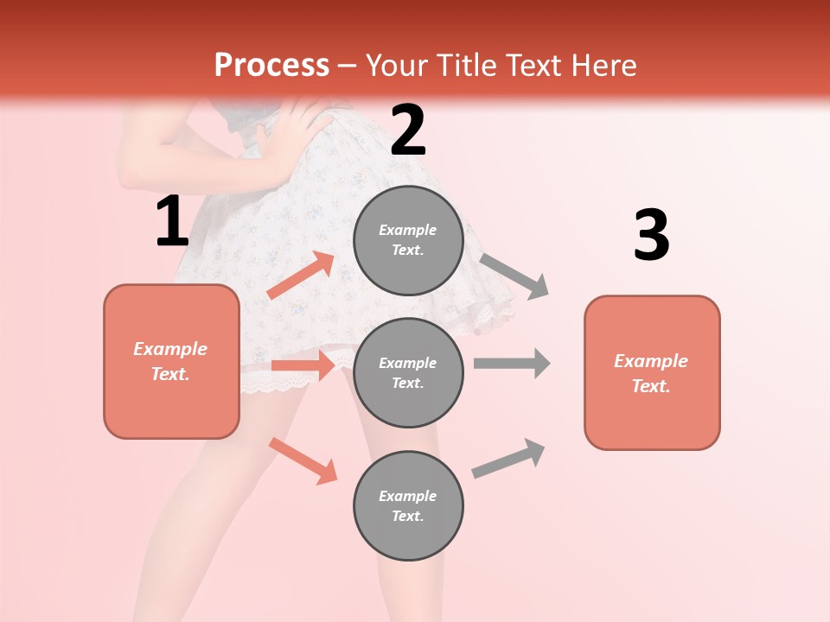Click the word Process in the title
click(271, 65)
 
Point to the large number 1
click(172, 222)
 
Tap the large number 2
click(408, 130)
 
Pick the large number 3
click(651, 236)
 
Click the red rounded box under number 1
click(171, 361)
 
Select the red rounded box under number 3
click(652, 372)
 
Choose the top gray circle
click(408, 240)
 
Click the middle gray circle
click(408, 372)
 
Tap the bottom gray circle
click(408, 505)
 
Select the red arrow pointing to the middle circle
click(303, 365)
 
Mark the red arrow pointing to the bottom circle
click(303, 460)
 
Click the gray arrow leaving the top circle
click(514, 276)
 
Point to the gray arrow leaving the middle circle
click(511, 363)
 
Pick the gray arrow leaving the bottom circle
click(508, 459)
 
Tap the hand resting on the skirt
click(298, 130)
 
